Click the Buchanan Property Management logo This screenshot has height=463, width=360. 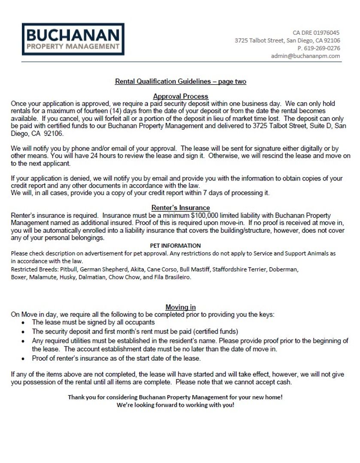73,39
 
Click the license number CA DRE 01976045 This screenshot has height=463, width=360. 316,33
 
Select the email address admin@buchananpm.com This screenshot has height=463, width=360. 306,56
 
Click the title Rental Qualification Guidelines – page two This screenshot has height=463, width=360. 181,81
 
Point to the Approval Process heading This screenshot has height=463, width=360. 181,96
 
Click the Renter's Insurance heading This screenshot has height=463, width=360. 181,208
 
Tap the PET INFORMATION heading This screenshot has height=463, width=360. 175,246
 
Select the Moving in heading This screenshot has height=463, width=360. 181,307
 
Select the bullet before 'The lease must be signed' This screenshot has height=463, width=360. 23,322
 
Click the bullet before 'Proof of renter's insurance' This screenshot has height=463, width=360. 23,358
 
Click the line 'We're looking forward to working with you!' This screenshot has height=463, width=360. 175,405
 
